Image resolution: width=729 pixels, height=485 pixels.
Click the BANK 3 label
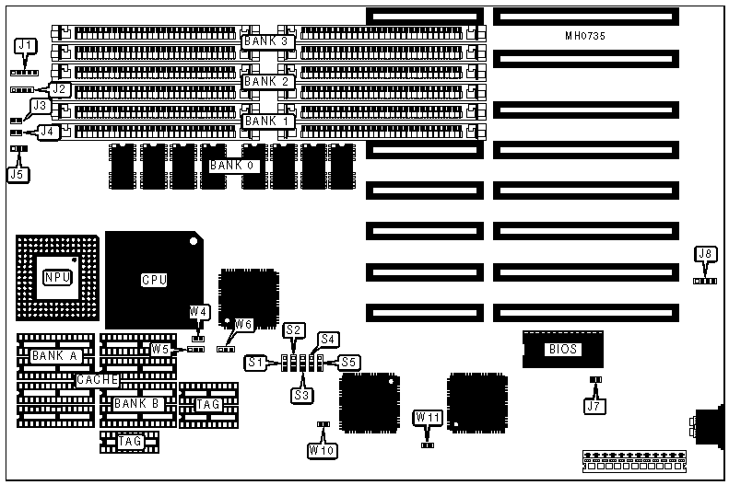[x=268, y=41]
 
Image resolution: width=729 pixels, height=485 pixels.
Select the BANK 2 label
[x=268, y=81]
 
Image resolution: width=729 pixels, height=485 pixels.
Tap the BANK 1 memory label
[x=268, y=121]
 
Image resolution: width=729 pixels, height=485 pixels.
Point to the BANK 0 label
[x=234, y=166]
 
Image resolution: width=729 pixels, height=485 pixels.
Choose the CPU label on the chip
[x=153, y=280]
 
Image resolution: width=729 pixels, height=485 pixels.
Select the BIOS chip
[x=562, y=349]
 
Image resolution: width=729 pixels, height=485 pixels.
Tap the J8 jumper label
[x=705, y=254]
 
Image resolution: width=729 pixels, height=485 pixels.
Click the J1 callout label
[x=26, y=45]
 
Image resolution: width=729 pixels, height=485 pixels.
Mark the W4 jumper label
[x=198, y=312]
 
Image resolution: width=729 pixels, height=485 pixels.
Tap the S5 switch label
[x=348, y=362]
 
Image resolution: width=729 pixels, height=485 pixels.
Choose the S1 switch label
[x=254, y=364]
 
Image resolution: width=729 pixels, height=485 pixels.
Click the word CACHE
[x=98, y=379]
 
